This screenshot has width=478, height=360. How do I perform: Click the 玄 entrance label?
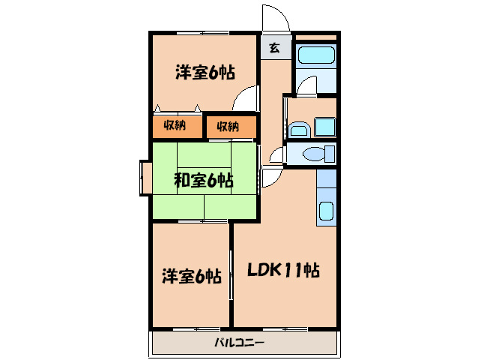[x=274, y=48]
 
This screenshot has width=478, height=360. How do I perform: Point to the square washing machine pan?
[x=324, y=127]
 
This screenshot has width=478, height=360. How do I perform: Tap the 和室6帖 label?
[x=204, y=180]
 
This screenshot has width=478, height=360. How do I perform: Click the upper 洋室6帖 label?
[x=205, y=73]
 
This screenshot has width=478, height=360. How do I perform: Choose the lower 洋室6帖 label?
[x=191, y=276]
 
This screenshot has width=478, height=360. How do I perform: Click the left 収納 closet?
[x=176, y=126]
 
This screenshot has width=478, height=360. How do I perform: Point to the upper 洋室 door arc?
[x=245, y=100]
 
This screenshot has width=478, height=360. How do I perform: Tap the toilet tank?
[x=330, y=155]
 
